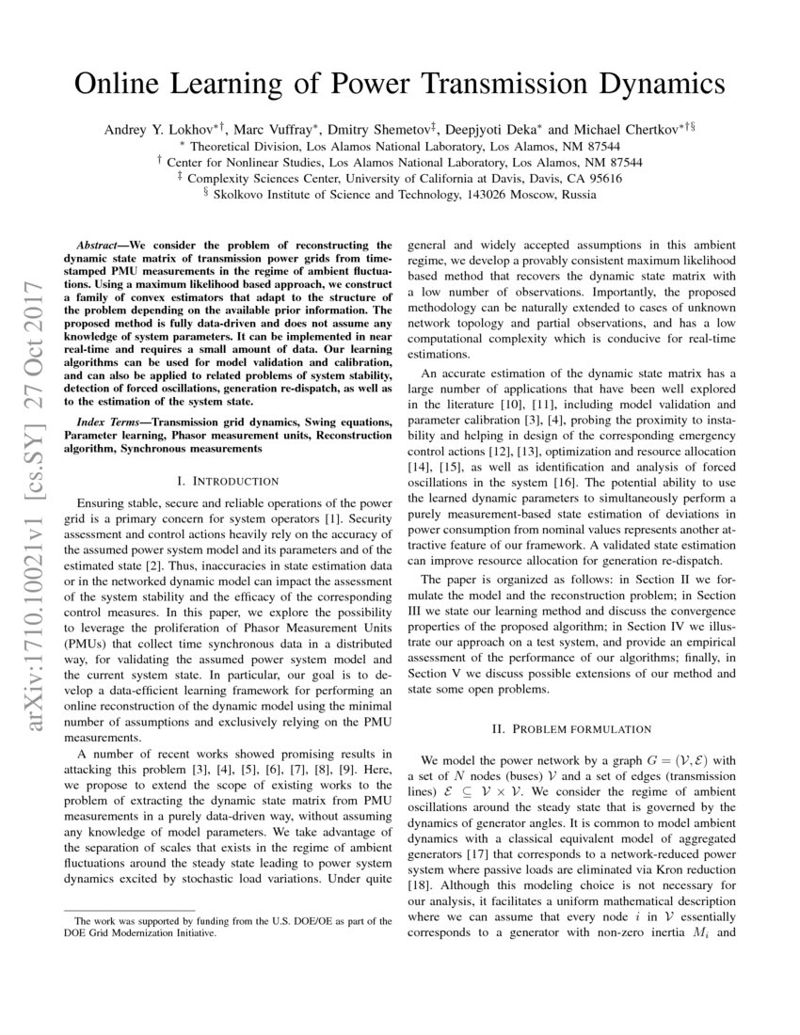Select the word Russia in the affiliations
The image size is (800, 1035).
[573, 195]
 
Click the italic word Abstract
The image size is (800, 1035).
[100, 243]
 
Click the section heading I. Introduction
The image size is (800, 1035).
[228, 479]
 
